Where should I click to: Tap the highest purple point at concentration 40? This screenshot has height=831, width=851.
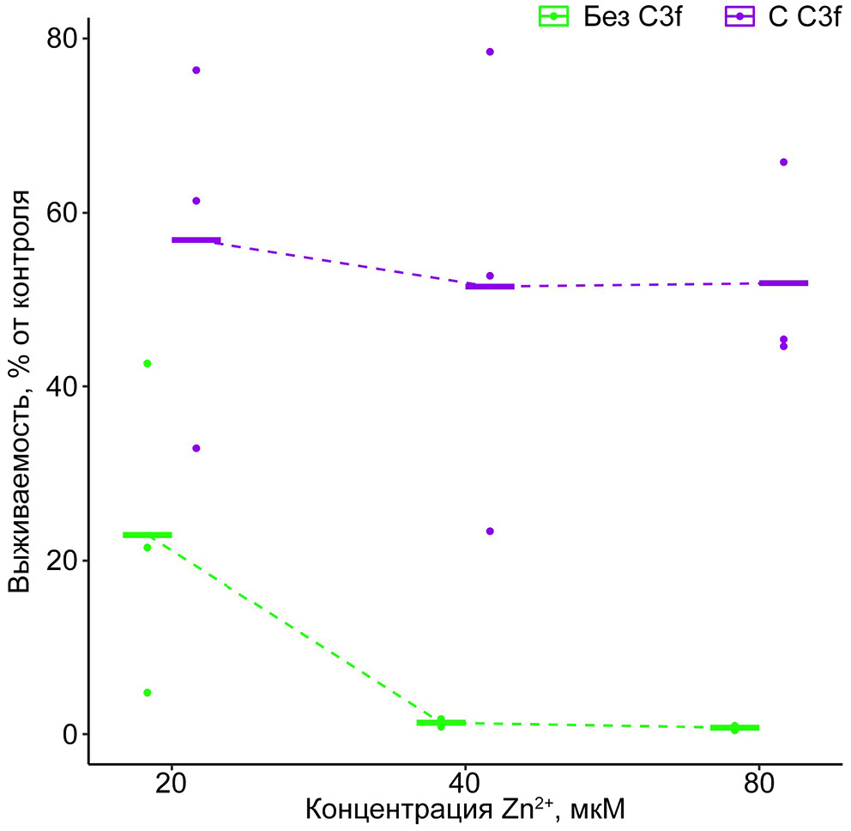(490, 52)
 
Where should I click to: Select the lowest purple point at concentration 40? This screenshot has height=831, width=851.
(490, 531)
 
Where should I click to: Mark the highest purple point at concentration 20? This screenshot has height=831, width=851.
(196, 70)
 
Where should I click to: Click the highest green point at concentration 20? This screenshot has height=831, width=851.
(148, 364)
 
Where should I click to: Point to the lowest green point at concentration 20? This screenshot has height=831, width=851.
(148, 693)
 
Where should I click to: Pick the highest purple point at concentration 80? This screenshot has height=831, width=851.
(783, 162)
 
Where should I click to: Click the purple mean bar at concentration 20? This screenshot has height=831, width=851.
(196, 240)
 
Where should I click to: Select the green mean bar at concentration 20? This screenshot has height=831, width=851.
(148, 535)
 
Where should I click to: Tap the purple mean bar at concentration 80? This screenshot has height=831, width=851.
(783, 282)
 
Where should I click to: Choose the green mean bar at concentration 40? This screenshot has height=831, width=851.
(441, 723)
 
